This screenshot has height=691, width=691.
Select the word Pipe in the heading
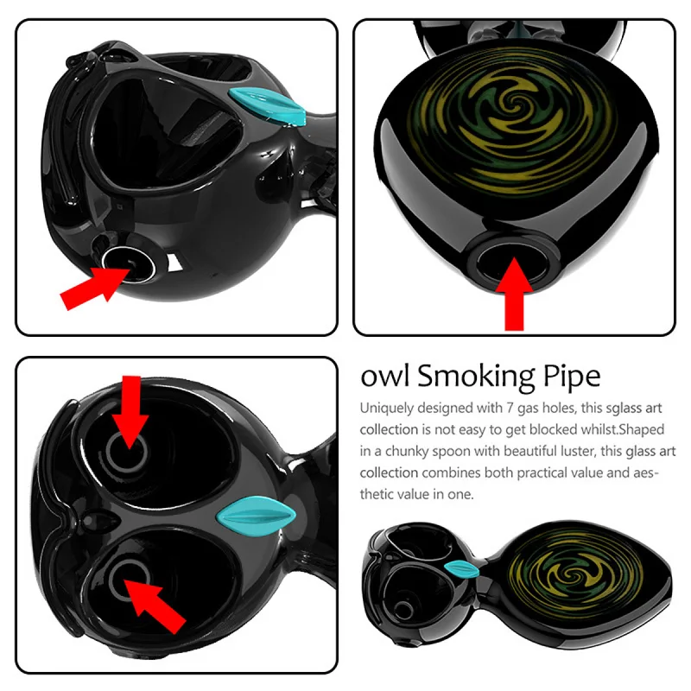(570, 377)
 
